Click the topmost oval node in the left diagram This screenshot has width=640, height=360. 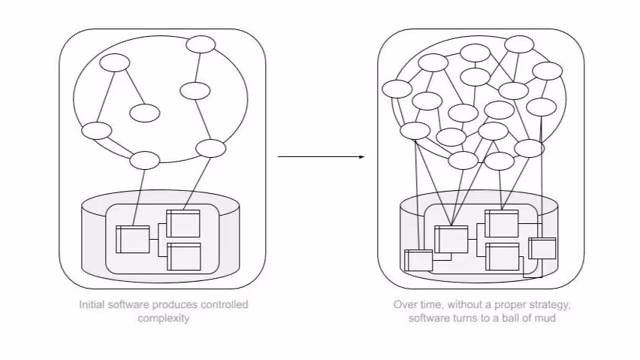point(201,44)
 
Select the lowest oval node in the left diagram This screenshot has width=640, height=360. point(145,160)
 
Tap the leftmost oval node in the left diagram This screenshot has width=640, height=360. point(96,131)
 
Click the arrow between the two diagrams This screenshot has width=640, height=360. point(321,156)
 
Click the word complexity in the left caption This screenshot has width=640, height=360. point(164,318)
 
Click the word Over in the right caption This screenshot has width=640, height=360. point(404,304)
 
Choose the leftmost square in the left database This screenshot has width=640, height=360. point(133,240)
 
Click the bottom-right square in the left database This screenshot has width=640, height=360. point(184,256)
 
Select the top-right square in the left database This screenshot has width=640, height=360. point(184,223)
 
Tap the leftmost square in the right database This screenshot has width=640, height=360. point(418,260)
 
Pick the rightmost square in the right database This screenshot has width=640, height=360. point(542,248)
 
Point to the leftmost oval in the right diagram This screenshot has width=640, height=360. point(397,89)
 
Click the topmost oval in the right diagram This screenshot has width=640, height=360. point(519,44)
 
